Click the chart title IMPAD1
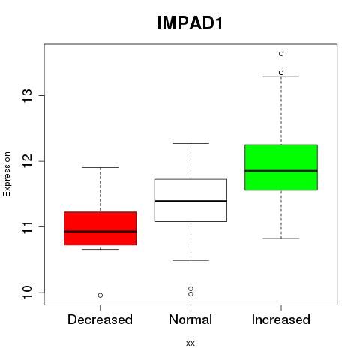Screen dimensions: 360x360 (x=190, y=23)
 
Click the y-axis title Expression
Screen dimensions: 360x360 (x=7, y=174)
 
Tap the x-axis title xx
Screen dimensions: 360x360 (x=190, y=343)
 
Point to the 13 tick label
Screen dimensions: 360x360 (x=28, y=96)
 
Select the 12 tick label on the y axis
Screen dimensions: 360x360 (x=28, y=161)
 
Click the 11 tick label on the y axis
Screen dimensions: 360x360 (x=28, y=226)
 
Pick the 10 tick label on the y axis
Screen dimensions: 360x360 (x=28, y=292)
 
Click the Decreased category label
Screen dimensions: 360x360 (x=100, y=319)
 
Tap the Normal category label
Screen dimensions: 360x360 (x=190, y=319)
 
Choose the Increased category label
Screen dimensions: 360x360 (x=281, y=319)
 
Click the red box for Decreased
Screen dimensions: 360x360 (x=100, y=228)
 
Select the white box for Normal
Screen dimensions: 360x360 (x=190, y=200)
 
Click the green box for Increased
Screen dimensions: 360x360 (x=281, y=167)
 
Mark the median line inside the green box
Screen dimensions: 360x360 (x=281, y=171)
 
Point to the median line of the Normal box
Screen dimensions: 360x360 (x=190, y=201)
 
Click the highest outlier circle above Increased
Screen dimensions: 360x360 (x=281, y=54)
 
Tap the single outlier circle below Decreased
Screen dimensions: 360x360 (x=100, y=295)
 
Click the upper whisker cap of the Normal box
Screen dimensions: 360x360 (x=190, y=143)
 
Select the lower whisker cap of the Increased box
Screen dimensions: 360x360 (x=281, y=238)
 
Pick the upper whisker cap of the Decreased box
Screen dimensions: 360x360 (x=100, y=167)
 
